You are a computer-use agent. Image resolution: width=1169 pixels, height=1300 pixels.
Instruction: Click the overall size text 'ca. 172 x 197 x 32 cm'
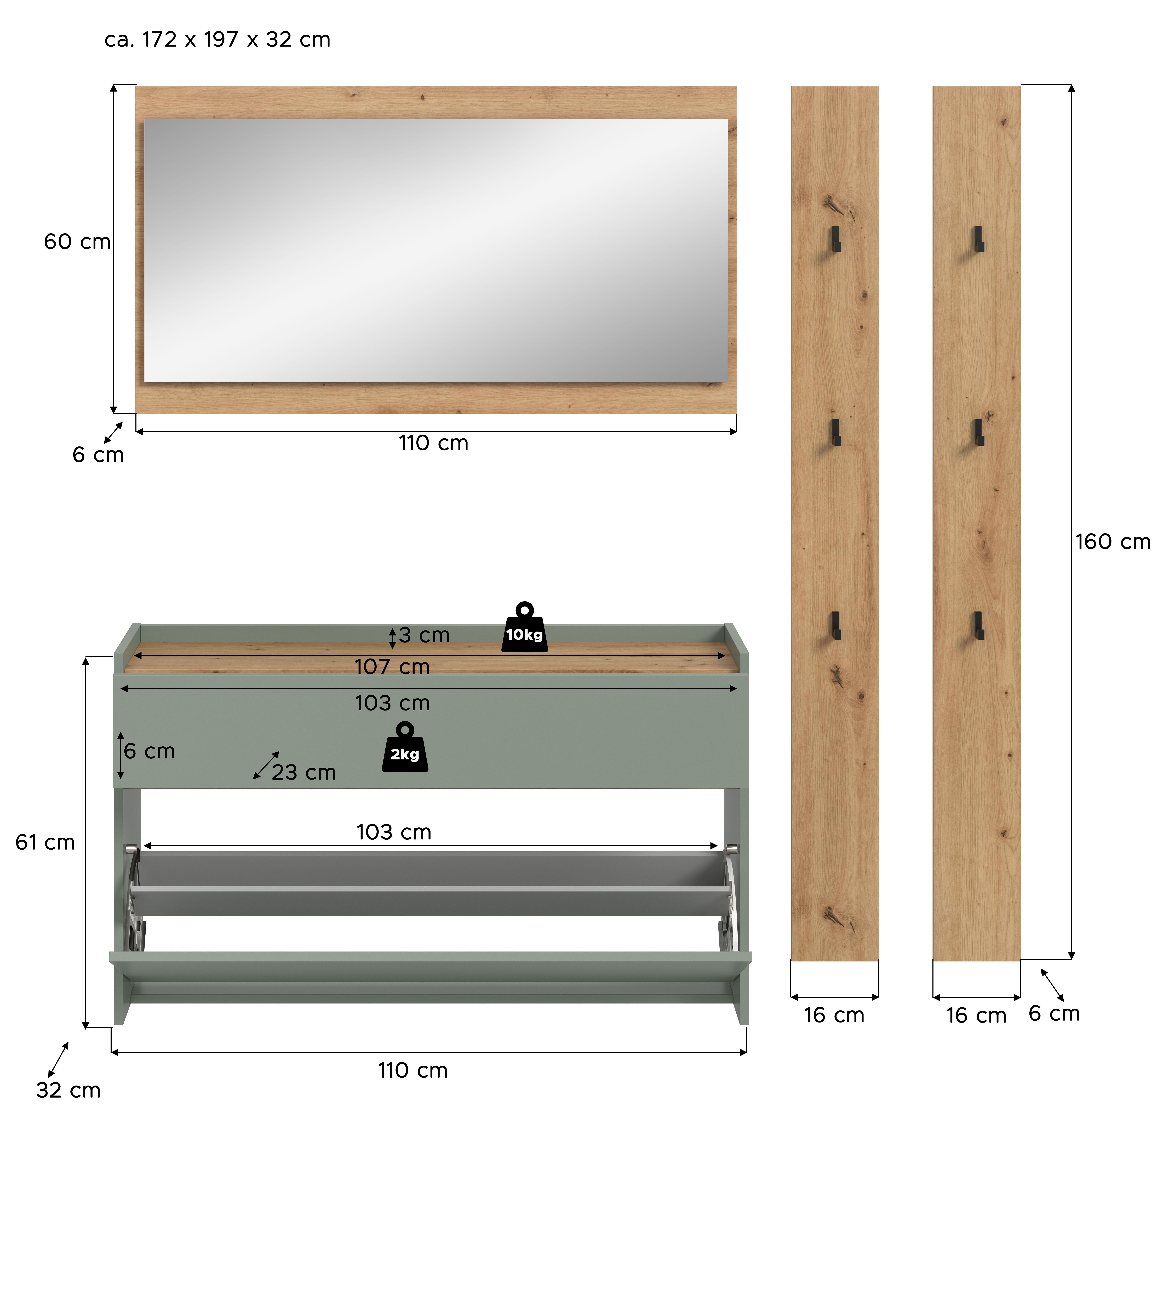click(x=217, y=40)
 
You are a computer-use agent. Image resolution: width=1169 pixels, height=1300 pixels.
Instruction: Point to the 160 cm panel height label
click(x=1113, y=542)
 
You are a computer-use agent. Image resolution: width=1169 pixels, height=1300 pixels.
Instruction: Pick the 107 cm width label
click(x=392, y=667)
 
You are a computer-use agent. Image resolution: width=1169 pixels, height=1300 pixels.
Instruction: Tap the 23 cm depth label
click(x=304, y=772)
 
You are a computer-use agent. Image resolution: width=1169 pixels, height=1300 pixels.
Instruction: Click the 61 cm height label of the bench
click(x=45, y=842)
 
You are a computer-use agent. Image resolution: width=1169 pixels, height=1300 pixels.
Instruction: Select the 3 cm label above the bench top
click(x=424, y=635)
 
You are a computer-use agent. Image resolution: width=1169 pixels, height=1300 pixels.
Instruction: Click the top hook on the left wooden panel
click(x=836, y=239)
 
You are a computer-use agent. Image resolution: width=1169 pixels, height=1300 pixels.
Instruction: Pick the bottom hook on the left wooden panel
click(x=836, y=626)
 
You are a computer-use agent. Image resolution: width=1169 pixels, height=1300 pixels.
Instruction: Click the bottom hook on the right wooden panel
click(x=978, y=626)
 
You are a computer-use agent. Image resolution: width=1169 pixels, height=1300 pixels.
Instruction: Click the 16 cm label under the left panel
click(x=834, y=1015)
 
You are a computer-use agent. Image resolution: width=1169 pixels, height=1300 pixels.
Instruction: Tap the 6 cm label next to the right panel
click(x=1054, y=1013)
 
